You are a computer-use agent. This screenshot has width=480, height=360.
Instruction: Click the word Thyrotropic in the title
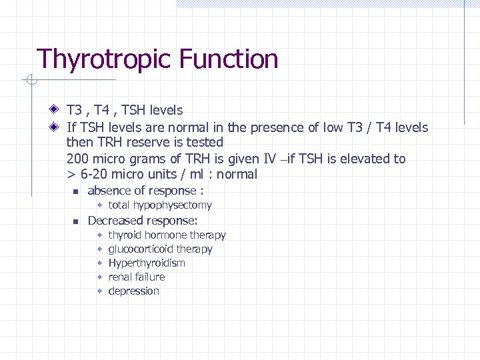103,59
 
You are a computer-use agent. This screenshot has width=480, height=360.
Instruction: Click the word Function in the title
228,59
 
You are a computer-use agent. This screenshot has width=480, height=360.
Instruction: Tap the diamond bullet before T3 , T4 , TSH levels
54,110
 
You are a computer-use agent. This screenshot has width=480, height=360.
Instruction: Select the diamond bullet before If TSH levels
54,127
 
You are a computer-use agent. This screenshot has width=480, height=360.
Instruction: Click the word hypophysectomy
172,205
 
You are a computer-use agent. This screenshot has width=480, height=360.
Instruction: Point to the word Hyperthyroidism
147,263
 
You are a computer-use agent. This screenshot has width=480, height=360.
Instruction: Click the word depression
133,291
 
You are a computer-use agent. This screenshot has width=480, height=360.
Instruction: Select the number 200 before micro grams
77,159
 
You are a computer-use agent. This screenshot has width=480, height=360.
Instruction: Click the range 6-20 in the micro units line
95,175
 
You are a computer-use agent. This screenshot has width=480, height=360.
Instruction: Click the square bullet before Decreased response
76,221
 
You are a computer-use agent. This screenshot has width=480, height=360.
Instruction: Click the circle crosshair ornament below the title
31,81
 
